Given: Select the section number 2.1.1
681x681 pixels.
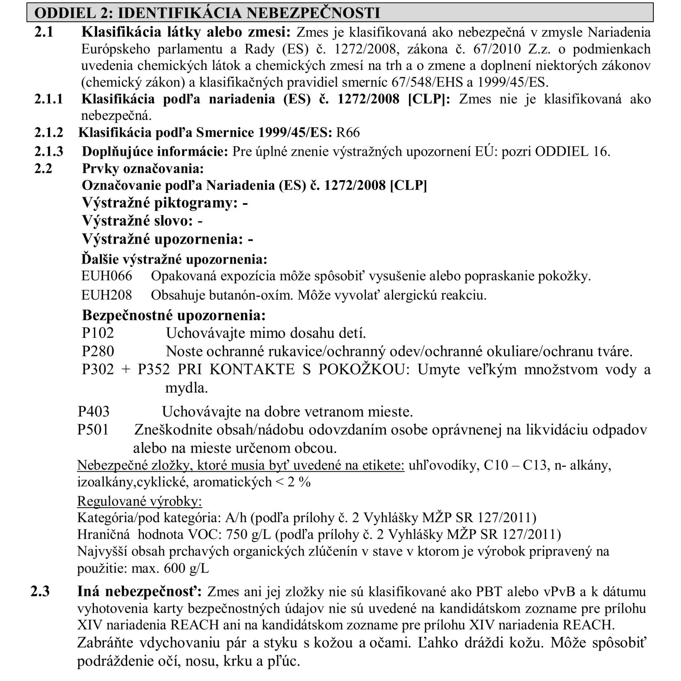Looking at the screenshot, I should click(x=49, y=99).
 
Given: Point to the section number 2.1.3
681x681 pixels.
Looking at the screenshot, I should click(x=49, y=151).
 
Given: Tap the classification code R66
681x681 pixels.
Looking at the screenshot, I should click(x=348, y=132).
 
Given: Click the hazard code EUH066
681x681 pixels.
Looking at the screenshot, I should click(x=107, y=276).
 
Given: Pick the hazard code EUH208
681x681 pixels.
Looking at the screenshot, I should click(x=107, y=295).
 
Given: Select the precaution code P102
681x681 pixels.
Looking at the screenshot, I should click(x=98, y=333).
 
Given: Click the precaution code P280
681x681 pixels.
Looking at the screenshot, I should click(x=98, y=351).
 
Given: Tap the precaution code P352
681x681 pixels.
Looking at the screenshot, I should click(x=153, y=369).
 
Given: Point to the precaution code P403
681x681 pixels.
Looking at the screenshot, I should click(x=94, y=411).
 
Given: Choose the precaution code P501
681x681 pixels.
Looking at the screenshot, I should click(x=93, y=429).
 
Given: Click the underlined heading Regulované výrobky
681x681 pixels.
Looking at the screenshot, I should click(x=139, y=501).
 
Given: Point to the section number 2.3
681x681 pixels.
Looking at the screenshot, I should click(x=40, y=592).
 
